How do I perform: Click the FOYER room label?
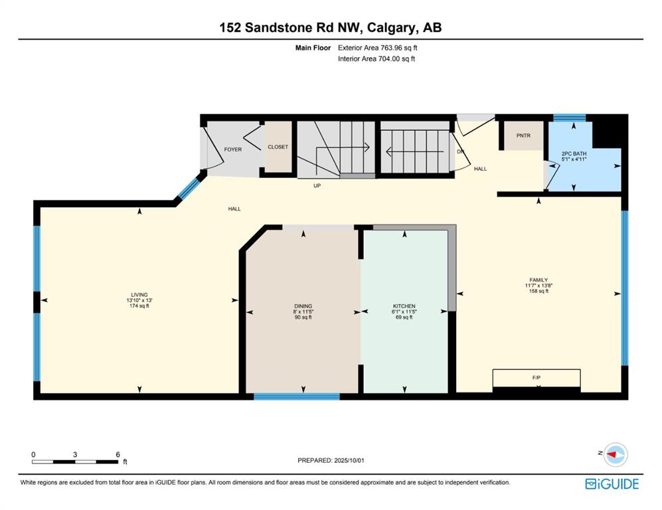pos(232,149)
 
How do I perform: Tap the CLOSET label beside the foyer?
pos(278,147)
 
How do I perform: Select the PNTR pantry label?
pos(523,135)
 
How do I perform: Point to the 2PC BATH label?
pos(574,153)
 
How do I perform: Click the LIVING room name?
pos(139,295)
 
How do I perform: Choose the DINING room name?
pos(303,306)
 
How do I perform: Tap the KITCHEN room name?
pos(404,306)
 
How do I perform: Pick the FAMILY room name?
pos(538,280)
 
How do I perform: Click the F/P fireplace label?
pos(537,378)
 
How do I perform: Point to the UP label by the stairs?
pos(317,186)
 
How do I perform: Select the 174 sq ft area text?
pos(139,305)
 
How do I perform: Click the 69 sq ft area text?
pos(404,317)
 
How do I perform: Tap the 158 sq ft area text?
pos(538,291)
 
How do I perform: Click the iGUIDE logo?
pos(612,484)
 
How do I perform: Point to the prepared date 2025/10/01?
pos(349,460)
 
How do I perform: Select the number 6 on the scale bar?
pos(118,455)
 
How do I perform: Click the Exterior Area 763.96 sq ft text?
pos(377,48)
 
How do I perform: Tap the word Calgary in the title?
pos(390,28)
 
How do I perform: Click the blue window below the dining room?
pos(297,396)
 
